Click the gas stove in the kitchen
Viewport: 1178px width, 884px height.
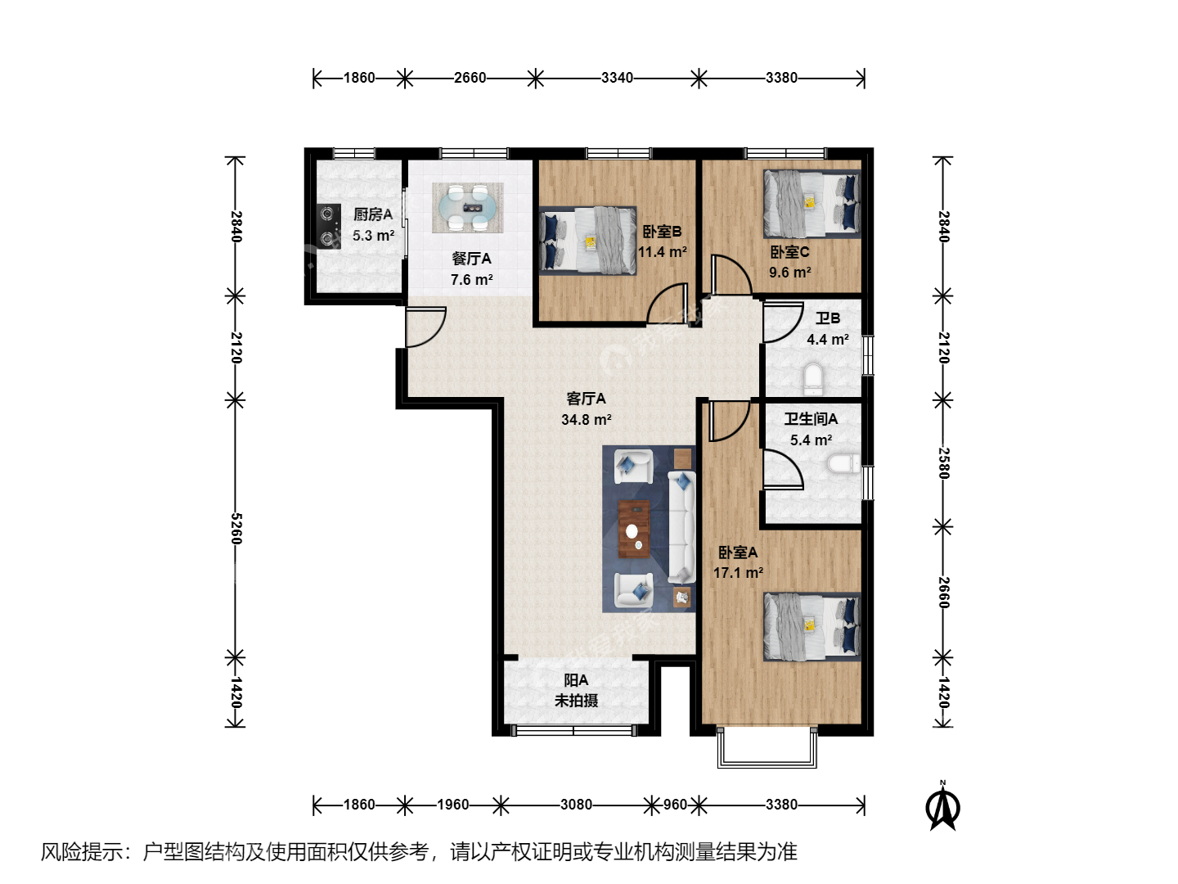point(328,226)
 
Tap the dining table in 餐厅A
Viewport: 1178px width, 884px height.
point(468,208)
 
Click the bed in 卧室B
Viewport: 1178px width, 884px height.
point(587,241)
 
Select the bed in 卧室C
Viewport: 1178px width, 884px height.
point(812,204)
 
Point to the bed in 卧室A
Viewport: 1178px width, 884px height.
point(812,626)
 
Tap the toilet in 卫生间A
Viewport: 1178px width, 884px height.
point(843,464)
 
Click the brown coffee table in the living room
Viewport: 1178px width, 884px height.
point(634,530)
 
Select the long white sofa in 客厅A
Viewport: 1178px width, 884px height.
point(681,528)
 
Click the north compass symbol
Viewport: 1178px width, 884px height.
point(943,806)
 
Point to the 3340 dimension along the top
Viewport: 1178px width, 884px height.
point(617,79)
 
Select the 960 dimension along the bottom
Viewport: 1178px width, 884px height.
point(675,805)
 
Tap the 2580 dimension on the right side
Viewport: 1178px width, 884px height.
point(943,463)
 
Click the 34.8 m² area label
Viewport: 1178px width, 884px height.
point(586,420)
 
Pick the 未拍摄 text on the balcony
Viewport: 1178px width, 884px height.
point(576,701)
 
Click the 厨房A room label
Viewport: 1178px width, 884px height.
point(373,214)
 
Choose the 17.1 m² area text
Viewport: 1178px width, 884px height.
point(738,573)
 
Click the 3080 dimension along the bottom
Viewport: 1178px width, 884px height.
point(576,805)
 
